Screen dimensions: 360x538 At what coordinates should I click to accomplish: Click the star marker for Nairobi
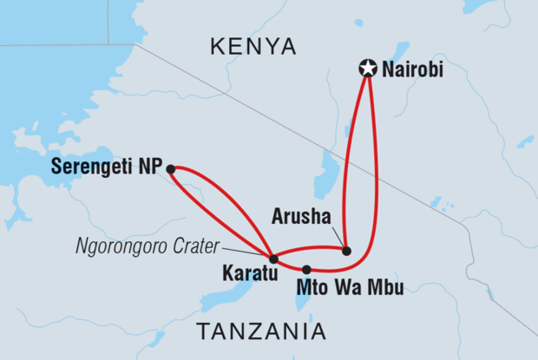point(368,67)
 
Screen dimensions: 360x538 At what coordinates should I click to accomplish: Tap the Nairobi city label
point(412,69)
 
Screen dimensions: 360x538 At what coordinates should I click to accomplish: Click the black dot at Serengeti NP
point(171,168)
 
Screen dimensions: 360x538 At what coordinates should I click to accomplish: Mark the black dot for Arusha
point(346,251)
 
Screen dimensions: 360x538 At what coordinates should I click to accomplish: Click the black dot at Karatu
point(273,259)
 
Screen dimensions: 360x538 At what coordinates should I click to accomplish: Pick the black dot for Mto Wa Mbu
point(306,269)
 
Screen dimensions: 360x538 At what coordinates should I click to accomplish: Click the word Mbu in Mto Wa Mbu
point(387,288)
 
